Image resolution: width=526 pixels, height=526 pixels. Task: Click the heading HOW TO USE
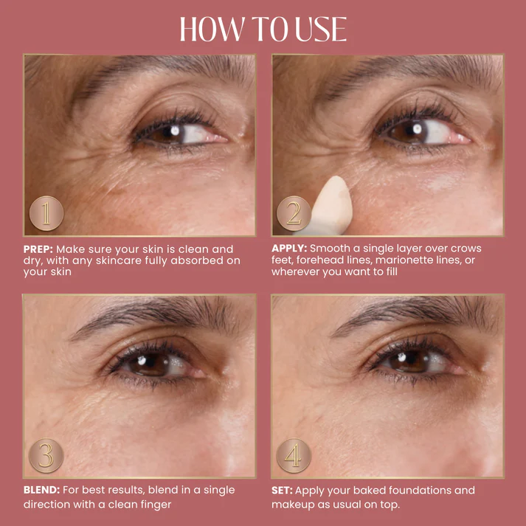click(x=263, y=29)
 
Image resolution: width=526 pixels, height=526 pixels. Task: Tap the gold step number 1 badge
click(x=46, y=213)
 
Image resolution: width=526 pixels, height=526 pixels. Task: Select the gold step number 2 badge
click(x=294, y=213)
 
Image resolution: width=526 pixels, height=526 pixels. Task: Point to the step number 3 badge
click(x=46, y=456)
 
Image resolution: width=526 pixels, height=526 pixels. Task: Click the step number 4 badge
click(x=294, y=456)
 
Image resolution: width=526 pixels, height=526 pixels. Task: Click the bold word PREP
click(x=38, y=249)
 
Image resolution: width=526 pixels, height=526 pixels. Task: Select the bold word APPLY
click(x=289, y=249)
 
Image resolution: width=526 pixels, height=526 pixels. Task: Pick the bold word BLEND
click(x=41, y=490)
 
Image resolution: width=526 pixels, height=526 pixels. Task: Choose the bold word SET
click(x=282, y=491)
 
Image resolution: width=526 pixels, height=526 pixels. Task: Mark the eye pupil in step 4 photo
click(x=409, y=361)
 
